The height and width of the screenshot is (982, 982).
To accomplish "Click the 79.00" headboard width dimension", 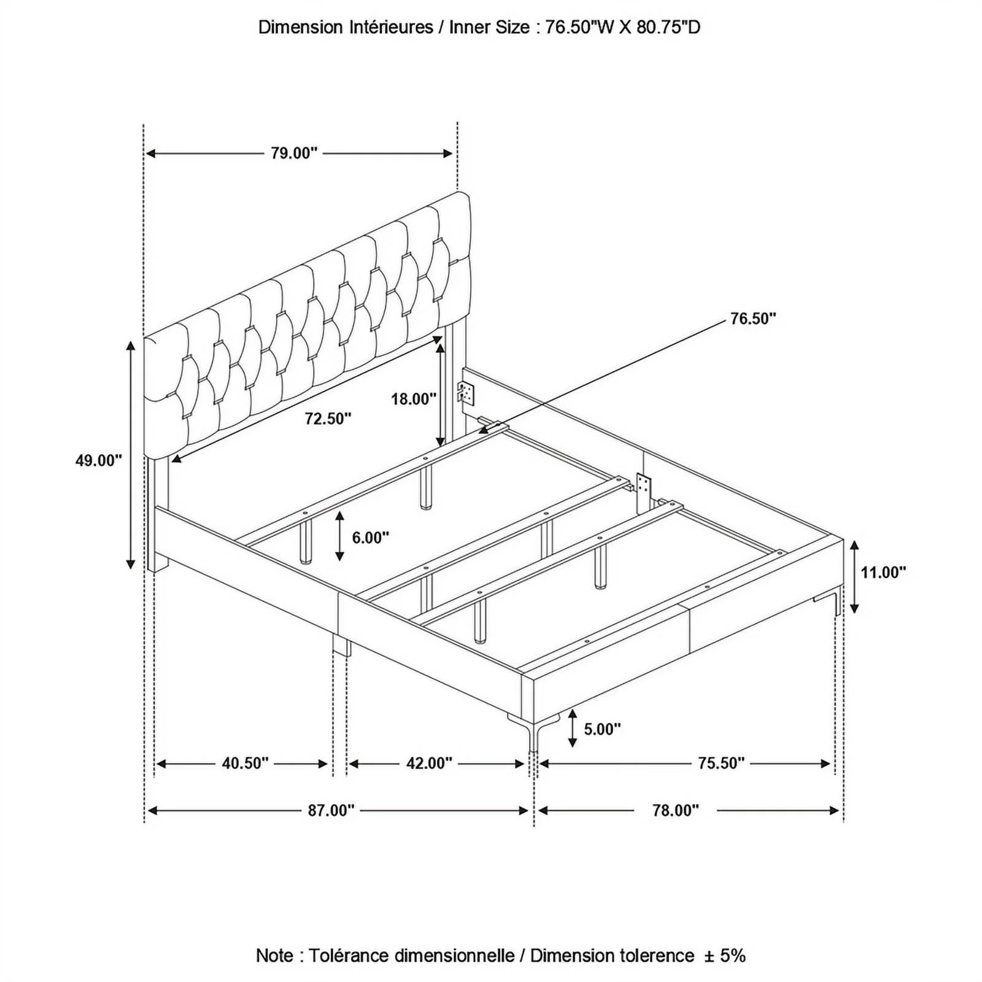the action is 295,153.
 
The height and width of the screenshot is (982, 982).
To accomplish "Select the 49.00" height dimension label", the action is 99,460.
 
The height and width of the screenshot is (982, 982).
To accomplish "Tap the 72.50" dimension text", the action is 328,419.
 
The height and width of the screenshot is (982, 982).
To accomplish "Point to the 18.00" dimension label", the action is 414,399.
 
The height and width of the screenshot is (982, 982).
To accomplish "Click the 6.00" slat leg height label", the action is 371,538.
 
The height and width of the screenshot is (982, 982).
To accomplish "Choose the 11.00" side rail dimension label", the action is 883,573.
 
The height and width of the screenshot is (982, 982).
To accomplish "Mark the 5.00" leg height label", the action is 602,729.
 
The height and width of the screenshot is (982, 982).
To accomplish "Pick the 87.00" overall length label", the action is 331,811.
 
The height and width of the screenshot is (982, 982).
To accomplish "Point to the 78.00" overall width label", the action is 676,811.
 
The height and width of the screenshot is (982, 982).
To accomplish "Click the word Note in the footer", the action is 275,955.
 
